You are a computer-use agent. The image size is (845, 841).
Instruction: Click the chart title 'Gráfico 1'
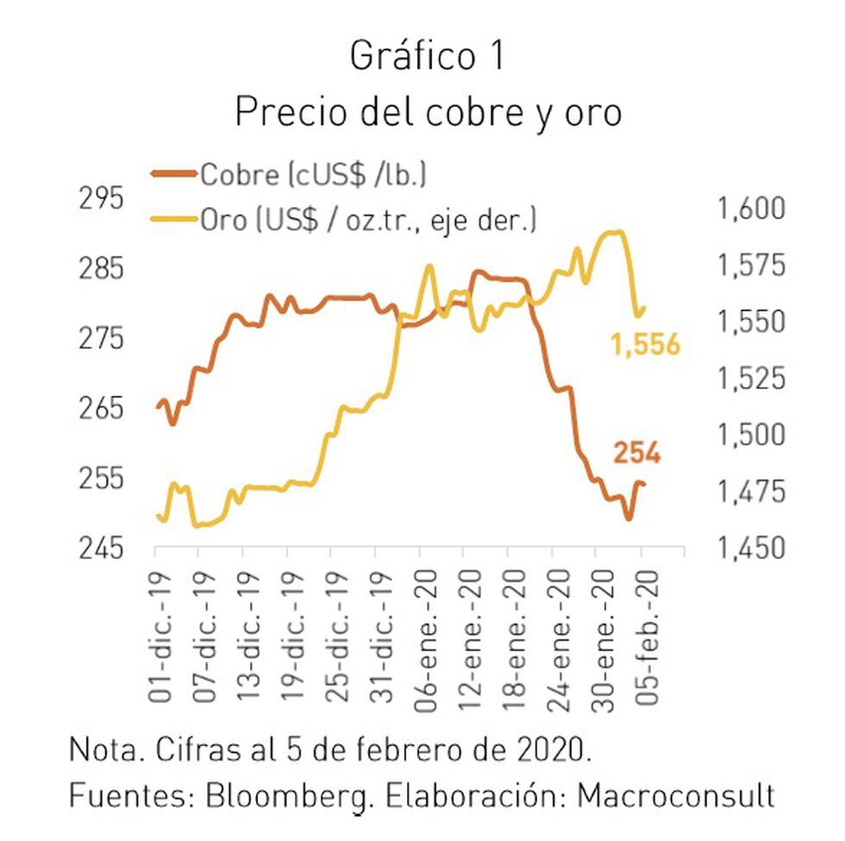pos(427,57)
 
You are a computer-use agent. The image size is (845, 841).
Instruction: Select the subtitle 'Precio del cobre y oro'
pos(428,112)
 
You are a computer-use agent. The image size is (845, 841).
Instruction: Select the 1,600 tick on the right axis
pos(749,209)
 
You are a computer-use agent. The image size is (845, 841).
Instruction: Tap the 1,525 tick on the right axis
pos(749,378)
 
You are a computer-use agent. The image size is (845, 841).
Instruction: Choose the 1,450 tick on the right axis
pos(749,548)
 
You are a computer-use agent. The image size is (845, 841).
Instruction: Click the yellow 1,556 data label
pos(646,346)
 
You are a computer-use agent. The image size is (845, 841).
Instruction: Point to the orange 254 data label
pos(636,452)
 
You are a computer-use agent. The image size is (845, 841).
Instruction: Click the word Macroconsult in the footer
pos(676,794)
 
